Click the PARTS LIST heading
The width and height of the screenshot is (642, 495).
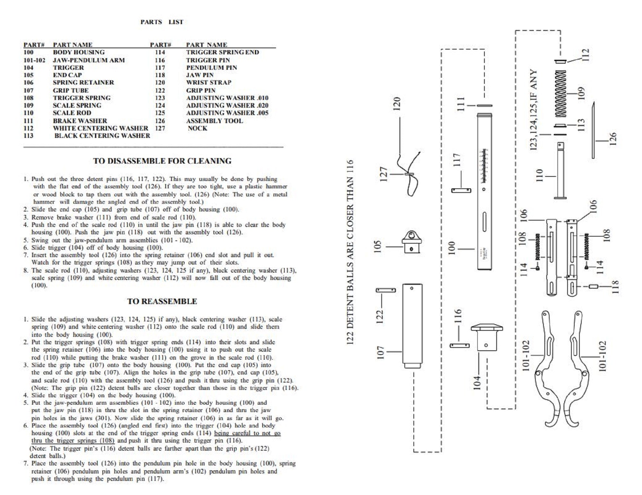tap(162, 22)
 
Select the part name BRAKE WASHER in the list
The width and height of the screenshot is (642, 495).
tap(80, 121)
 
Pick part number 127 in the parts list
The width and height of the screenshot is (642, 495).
tap(160, 128)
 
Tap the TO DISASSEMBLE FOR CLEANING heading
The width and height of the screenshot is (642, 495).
tap(162, 161)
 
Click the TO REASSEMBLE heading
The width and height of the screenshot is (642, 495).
tap(162, 301)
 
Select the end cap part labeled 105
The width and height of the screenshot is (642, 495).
tap(412, 242)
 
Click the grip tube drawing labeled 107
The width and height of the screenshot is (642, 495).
tap(412, 325)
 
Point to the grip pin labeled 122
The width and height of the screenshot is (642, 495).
tap(386, 290)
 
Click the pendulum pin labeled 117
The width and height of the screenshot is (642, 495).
tap(461, 191)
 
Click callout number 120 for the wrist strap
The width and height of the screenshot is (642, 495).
tap(397, 104)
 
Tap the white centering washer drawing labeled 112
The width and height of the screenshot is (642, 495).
tap(560, 61)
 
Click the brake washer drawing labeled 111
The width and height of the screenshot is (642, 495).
tap(484, 105)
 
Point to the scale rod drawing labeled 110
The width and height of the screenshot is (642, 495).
tap(560, 170)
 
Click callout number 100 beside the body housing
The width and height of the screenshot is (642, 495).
tap(452, 248)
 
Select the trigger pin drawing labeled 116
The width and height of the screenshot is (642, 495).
tap(459, 346)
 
